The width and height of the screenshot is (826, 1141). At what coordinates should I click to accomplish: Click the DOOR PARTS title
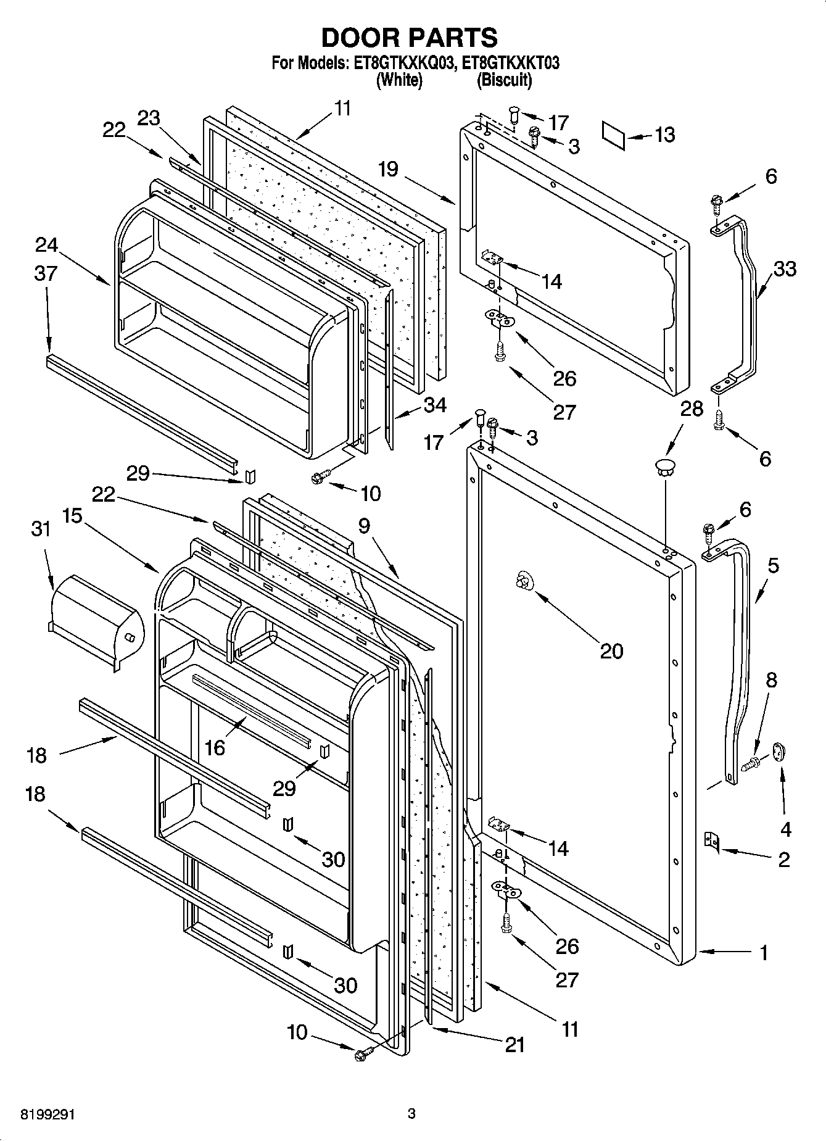point(410,38)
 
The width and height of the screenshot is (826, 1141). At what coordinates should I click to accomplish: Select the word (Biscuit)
point(504,80)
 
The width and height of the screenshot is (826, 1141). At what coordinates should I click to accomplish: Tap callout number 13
point(664,135)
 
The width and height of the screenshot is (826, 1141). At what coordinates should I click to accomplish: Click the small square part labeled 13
point(614,135)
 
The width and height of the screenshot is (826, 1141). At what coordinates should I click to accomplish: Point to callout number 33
point(784,269)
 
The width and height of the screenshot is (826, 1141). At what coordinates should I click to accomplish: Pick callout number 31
point(41,529)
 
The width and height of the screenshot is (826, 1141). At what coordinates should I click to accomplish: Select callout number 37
point(46,273)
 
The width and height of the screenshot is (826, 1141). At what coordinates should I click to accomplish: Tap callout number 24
point(46,245)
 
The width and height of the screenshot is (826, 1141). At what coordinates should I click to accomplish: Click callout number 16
point(214,747)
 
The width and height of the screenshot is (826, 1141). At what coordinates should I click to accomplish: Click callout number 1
point(764,953)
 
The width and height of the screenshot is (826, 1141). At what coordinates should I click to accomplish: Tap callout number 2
point(783,860)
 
